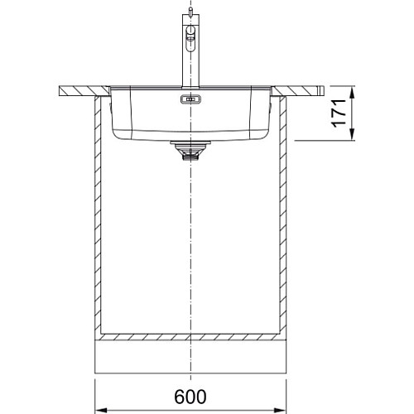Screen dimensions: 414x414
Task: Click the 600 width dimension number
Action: point(190,397)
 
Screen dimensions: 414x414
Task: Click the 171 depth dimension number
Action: point(339,113)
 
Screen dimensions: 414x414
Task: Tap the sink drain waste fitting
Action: point(190,151)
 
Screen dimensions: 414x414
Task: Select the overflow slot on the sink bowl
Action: point(190,99)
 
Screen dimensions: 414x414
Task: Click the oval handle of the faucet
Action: point(190,38)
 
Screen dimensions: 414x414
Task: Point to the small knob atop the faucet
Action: point(190,11)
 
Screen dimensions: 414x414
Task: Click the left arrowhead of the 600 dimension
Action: point(101,410)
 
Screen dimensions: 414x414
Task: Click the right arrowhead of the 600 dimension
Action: point(280,410)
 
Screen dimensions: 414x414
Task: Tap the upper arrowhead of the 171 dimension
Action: point(352,92)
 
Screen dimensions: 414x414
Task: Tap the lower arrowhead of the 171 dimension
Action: point(352,134)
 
